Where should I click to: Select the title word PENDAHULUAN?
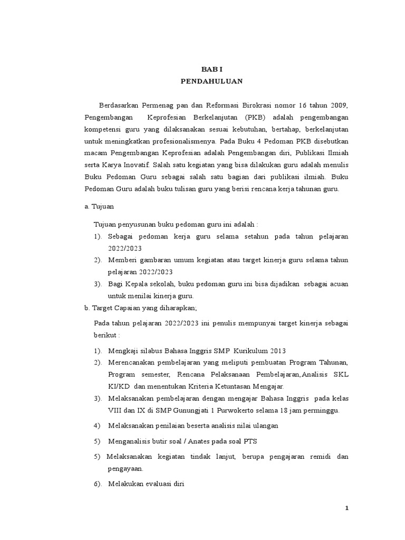[211, 82]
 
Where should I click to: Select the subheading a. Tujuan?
[99, 207]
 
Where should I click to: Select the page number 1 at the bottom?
[346, 508]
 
